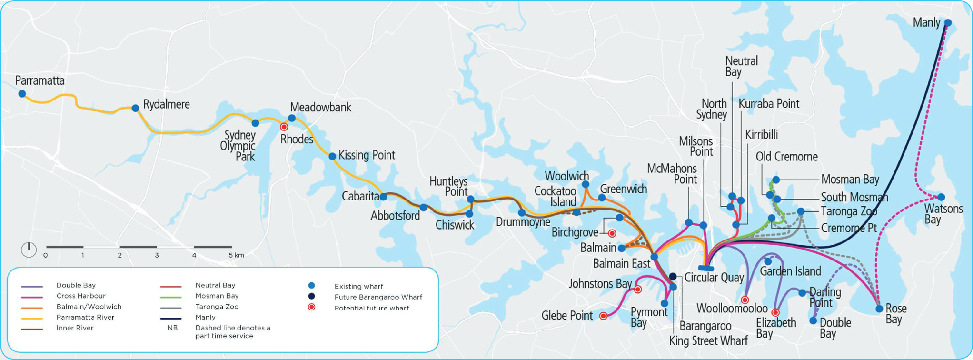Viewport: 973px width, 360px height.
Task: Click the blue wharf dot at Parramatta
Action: pyautogui.click(x=22, y=94)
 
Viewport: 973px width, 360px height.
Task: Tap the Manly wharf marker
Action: pyautogui.click(x=947, y=23)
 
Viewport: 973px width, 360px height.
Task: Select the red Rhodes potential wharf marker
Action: pyautogui.click(x=284, y=127)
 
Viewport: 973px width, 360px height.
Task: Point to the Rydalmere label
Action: pyautogui.click(x=166, y=105)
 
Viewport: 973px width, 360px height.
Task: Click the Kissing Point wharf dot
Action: pyautogui.click(x=332, y=156)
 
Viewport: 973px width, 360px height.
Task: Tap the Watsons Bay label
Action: pyautogui.click(x=943, y=214)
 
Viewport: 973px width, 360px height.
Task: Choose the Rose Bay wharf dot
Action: pyautogui.click(x=879, y=309)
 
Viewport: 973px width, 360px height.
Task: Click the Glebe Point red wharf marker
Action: pyautogui.click(x=603, y=316)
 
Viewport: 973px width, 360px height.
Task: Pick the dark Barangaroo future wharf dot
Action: pyautogui.click(x=673, y=277)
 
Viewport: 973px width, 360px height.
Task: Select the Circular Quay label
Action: pyautogui.click(x=714, y=278)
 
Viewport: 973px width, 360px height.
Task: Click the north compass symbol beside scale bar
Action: pyautogui.click(x=29, y=250)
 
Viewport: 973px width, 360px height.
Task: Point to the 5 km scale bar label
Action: pyautogui.click(x=236, y=255)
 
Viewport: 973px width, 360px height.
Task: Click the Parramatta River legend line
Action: pyautogui.click(x=32, y=318)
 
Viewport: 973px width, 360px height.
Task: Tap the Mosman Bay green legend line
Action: pyautogui.click(x=170, y=297)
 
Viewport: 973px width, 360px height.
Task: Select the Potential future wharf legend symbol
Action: pyautogui.click(x=311, y=308)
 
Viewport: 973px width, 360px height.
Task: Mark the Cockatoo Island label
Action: pyautogui.click(x=555, y=196)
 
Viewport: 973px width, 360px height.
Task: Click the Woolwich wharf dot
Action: pyautogui.click(x=586, y=184)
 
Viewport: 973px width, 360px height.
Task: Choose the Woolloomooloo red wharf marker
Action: pyautogui.click(x=745, y=300)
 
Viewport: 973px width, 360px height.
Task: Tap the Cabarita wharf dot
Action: pyautogui.click(x=383, y=197)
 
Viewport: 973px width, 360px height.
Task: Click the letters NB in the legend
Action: pyautogui.click(x=172, y=328)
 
